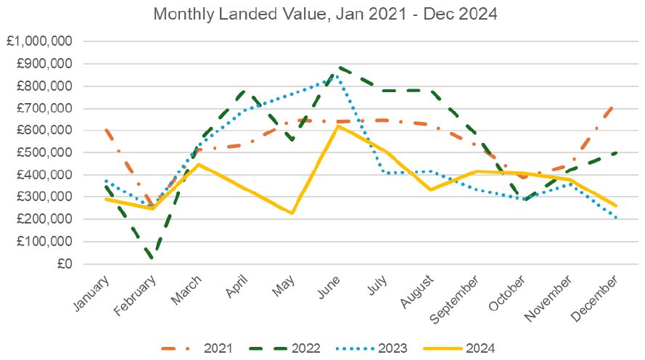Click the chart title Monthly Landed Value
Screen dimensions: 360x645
[323, 14]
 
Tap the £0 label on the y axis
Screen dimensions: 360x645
[64, 264]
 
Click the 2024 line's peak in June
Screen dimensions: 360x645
[338, 126]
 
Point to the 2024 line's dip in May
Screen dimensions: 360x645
[292, 213]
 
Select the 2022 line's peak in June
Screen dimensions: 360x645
[338, 67]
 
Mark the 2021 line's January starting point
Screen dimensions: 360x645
[106, 130]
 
